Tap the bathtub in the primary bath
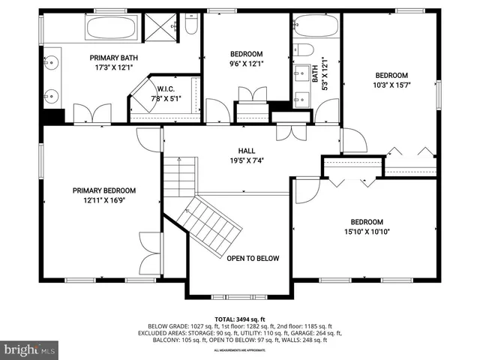[111, 28]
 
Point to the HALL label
[247, 150]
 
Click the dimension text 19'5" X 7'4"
[247, 160]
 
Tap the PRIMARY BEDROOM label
[104, 190]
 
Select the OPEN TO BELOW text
[253, 259]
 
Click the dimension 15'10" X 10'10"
[367, 232]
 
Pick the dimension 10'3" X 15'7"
[391, 85]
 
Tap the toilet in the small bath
[304, 50]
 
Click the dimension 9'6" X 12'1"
[246, 64]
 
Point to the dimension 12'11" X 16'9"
[104, 200]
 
